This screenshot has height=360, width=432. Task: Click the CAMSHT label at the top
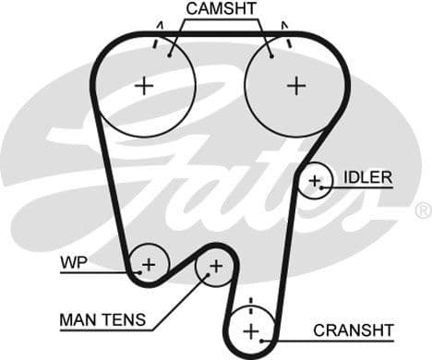click(222, 9)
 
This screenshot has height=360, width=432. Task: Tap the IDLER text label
click(367, 176)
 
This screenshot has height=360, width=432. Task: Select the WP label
click(74, 262)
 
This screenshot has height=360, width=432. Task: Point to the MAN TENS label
click(102, 320)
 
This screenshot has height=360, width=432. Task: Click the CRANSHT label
click(354, 330)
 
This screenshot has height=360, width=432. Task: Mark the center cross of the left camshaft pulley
click(144, 86)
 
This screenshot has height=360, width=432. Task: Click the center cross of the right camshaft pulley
click(295, 86)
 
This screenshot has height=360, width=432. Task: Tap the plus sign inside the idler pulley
click(316, 181)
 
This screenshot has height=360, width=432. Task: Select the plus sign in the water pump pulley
click(148, 265)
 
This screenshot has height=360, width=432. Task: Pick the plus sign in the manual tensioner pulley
click(215, 267)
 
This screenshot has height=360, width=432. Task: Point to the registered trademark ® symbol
click(423, 210)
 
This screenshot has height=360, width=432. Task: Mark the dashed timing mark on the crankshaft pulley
click(248, 306)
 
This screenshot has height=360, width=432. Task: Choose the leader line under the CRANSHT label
click(342, 341)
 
